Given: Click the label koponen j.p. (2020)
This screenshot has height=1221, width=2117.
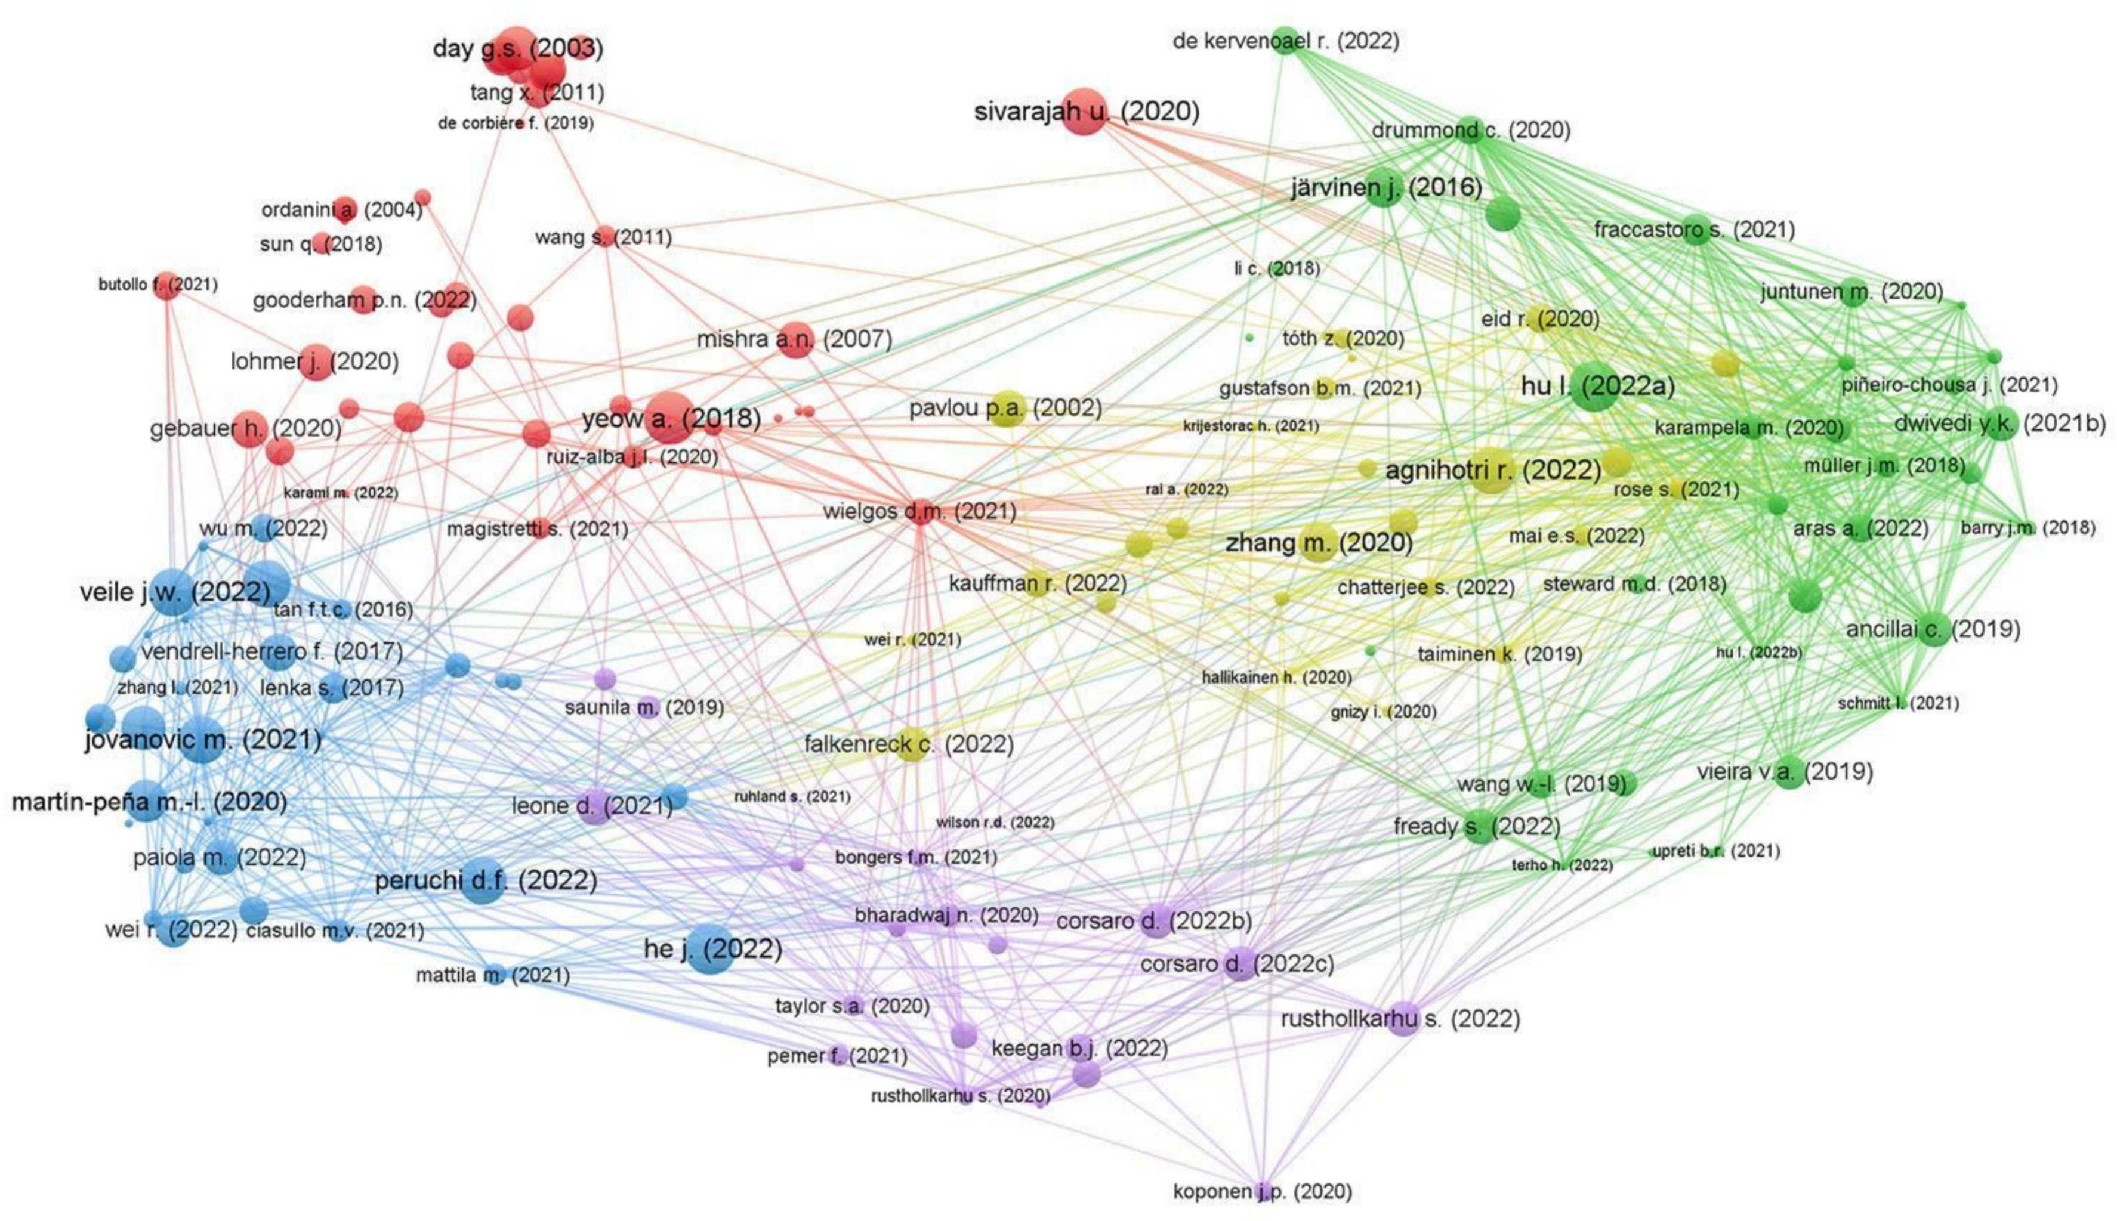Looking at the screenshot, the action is [1263, 1191].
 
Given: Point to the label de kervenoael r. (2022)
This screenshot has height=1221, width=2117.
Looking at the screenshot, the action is [1286, 40].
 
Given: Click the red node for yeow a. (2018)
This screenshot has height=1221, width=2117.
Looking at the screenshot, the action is [668, 418].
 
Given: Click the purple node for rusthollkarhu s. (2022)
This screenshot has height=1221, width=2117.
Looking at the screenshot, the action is [1402, 1019].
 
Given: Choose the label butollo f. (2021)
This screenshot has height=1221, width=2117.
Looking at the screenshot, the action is [158, 285].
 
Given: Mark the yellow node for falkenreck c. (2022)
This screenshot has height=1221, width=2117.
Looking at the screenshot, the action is [911, 744].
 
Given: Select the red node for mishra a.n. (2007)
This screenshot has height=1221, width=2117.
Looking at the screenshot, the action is [795, 339].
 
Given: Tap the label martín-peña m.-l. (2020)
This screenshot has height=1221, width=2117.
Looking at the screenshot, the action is [149, 802].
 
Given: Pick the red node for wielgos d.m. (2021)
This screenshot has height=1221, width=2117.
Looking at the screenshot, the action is [920, 511].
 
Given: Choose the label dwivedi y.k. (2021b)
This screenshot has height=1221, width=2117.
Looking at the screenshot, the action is [1999, 424].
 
